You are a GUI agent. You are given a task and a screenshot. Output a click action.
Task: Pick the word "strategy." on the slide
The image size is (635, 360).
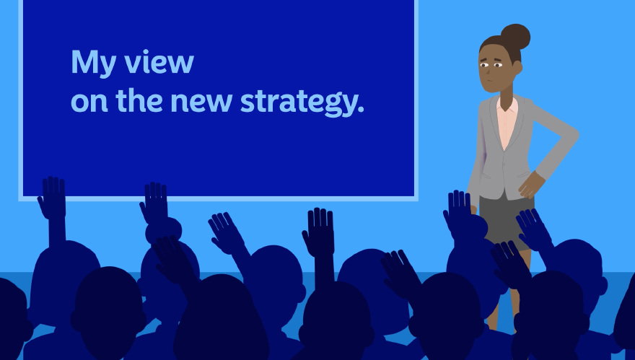coord(302,102)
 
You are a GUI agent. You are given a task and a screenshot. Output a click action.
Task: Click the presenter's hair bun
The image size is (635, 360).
coord(515,37)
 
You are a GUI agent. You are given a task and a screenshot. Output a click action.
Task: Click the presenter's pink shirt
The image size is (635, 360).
coord(507,120)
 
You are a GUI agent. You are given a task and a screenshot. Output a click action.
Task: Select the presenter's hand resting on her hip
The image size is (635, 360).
coord(531,185)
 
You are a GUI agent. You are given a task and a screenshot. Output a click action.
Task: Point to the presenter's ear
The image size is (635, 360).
coord(517,67)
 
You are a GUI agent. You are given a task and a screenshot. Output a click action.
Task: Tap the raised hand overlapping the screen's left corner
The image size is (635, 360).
coord(52,197)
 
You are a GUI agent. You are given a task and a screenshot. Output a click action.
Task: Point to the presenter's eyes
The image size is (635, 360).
coord(491,64)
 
